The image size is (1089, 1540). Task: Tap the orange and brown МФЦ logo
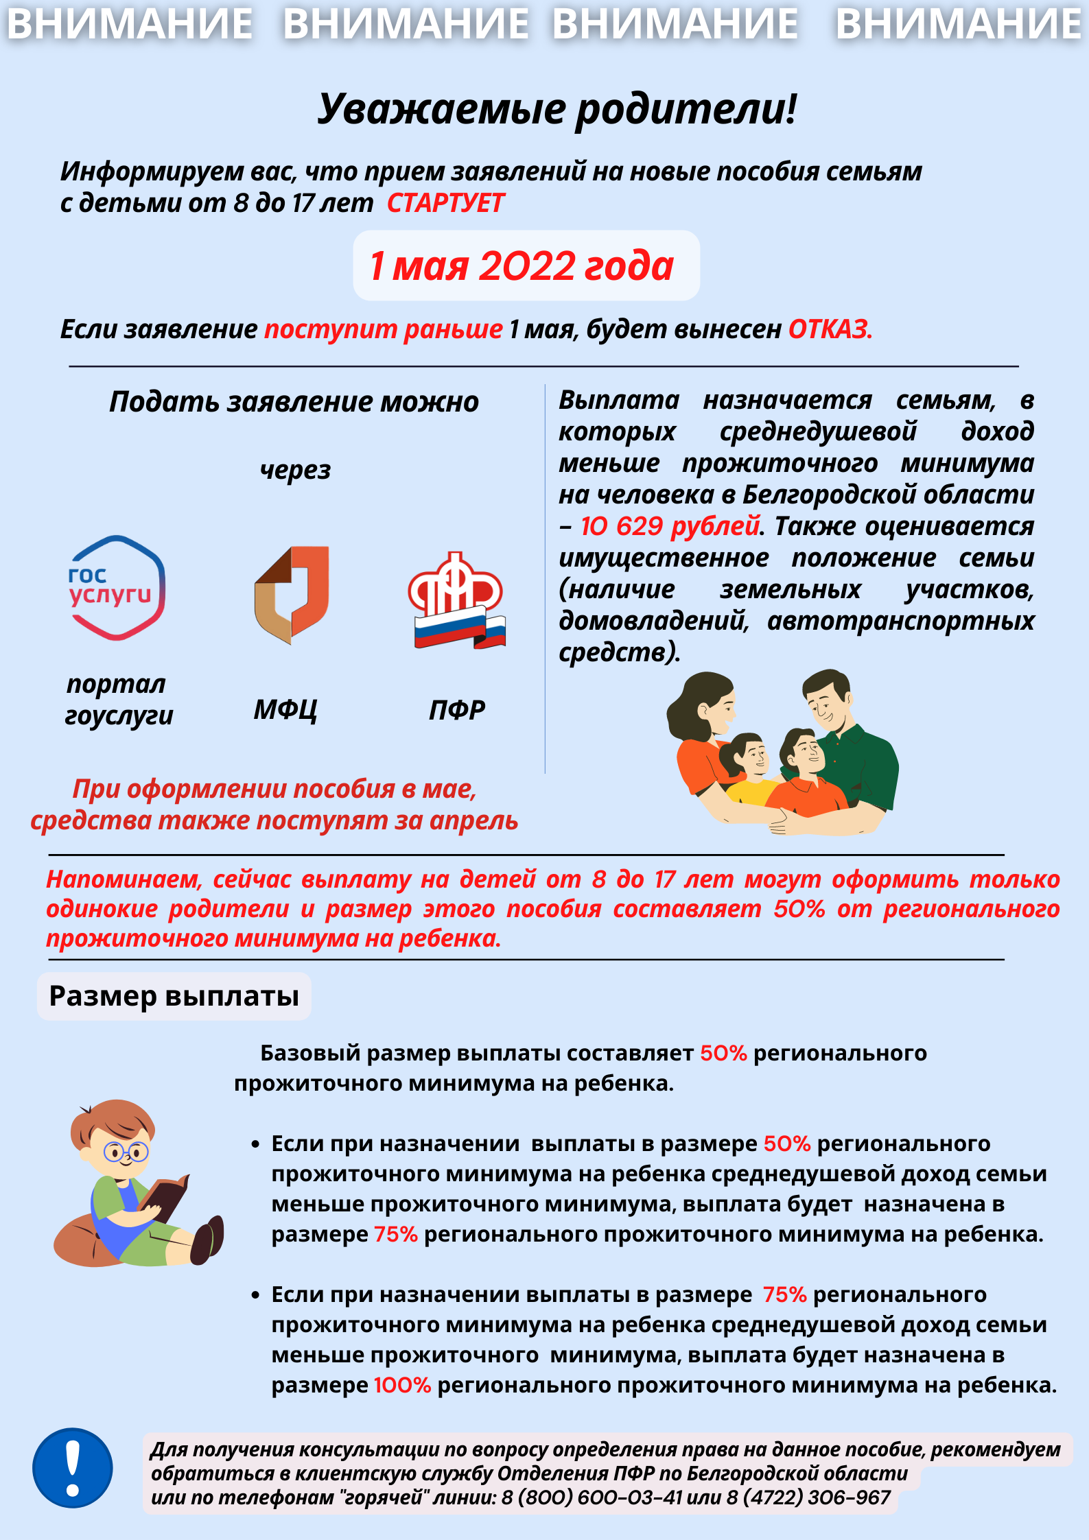coord(292,594)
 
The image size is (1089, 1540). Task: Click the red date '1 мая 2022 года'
coord(522,266)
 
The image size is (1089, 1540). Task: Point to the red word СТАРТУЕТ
coord(445,204)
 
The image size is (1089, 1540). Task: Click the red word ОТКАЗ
coord(830,330)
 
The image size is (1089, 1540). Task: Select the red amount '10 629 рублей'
coord(670,527)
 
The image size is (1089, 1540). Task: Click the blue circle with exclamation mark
coord(73,1468)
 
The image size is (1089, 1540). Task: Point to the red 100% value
coord(402,1386)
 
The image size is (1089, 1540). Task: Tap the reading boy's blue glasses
coord(126,1152)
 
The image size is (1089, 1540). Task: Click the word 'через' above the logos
coord(295,471)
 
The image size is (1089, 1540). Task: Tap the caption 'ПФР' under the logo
coord(457,710)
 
